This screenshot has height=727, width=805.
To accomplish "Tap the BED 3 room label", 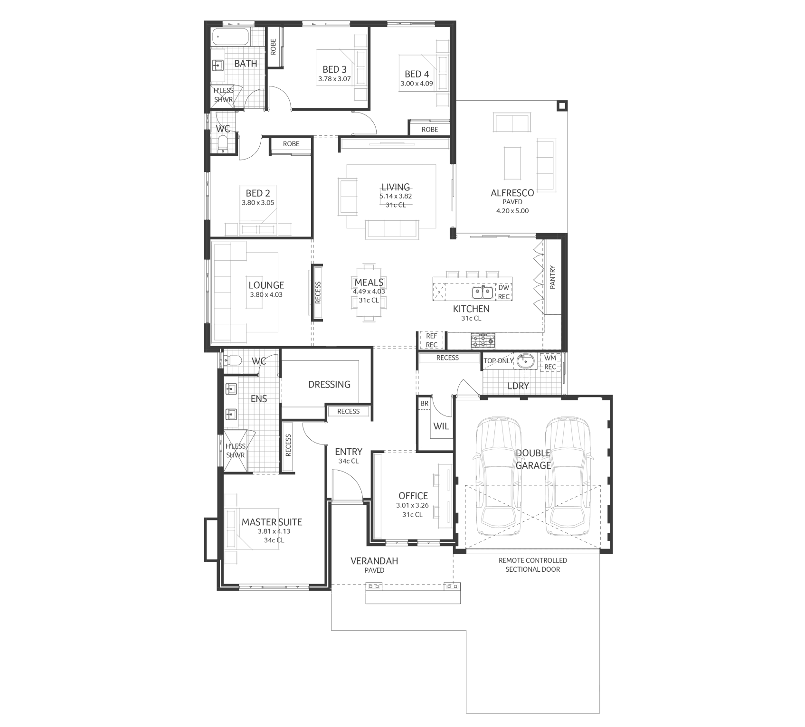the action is [334, 69].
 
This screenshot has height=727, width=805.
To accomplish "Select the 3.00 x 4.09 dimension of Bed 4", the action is [417, 84].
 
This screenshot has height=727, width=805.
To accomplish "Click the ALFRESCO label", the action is [512, 193].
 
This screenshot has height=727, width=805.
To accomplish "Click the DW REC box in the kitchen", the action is [503, 292].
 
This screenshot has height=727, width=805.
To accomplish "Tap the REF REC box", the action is [431, 340].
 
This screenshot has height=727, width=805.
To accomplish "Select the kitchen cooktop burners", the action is [483, 340].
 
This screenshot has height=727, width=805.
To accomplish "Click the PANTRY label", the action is [552, 277].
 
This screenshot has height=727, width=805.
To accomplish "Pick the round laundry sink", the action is [525, 361].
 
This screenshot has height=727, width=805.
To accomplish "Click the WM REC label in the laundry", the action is [550, 362].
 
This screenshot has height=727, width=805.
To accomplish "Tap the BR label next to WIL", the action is [424, 404].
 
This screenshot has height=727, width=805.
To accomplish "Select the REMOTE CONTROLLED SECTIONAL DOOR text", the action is [532, 565].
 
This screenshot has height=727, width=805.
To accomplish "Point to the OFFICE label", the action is [413, 496].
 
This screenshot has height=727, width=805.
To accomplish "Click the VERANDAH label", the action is [374, 561].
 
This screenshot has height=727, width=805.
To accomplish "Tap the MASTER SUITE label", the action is [272, 522].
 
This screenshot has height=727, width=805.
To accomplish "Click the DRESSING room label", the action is [329, 384].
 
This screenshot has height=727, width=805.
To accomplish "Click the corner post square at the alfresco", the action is [562, 106].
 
